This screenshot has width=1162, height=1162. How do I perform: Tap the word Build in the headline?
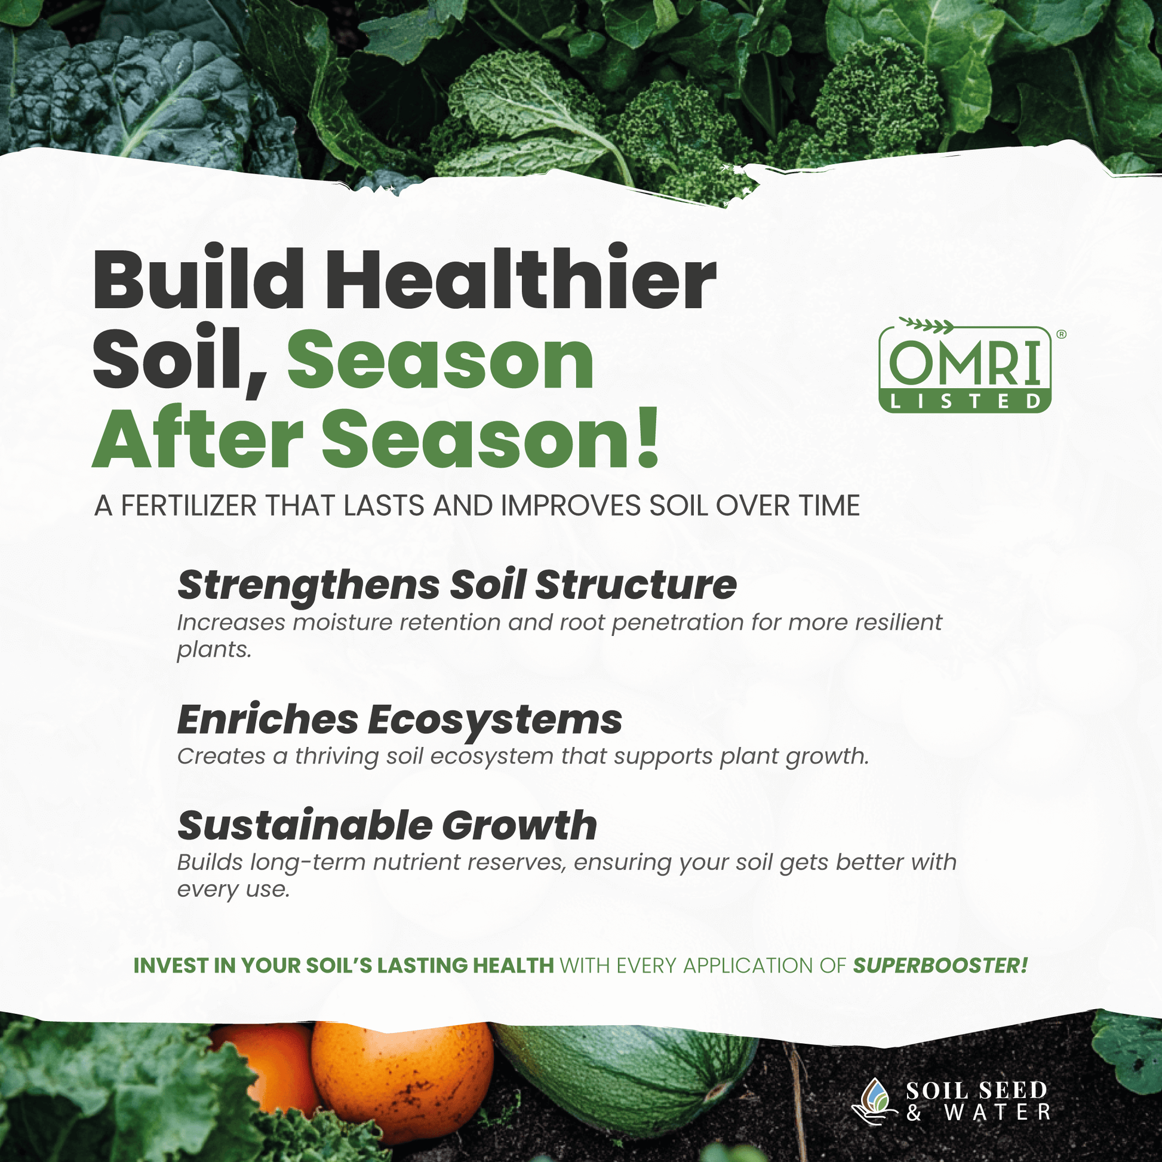tap(198, 278)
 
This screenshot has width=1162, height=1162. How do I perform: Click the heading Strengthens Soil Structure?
tap(457, 585)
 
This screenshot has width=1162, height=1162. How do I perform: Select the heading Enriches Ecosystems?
tap(400, 720)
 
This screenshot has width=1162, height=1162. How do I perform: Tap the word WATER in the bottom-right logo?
tap(998, 1112)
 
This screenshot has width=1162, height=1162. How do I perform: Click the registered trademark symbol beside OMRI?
tap(1061, 334)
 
